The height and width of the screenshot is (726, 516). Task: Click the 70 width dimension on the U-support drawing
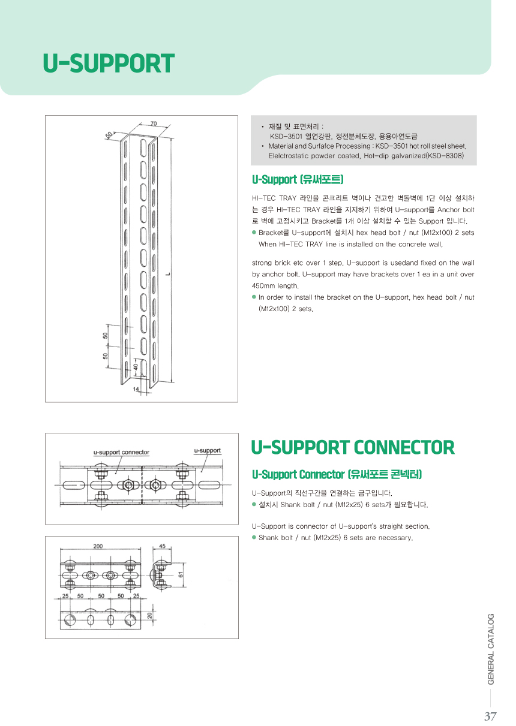(x=154, y=123)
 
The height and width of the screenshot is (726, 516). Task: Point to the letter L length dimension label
(x=169, y=274)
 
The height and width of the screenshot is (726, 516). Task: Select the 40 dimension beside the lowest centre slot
(x=136, y=366)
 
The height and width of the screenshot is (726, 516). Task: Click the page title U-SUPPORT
(x=109, y=64)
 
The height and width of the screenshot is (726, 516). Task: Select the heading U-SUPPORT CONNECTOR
(x=352, y=447)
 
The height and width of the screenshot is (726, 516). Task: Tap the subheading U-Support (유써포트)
(x=298, y=179)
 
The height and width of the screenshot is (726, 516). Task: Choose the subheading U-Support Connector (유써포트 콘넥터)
(x=337, y=474)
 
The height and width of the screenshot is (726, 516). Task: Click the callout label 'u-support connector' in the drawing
(x=121, y=452)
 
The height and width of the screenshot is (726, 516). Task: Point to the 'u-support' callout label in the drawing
(x=207, y=450)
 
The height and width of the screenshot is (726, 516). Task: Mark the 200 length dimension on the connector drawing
(x=98, y=546)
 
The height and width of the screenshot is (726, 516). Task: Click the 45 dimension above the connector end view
(x=162, y=546)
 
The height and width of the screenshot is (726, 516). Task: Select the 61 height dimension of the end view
(x=181, y=574)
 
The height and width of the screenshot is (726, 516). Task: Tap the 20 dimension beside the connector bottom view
(x=150, y=616)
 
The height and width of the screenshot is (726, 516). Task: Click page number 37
(x=490, y=716)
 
